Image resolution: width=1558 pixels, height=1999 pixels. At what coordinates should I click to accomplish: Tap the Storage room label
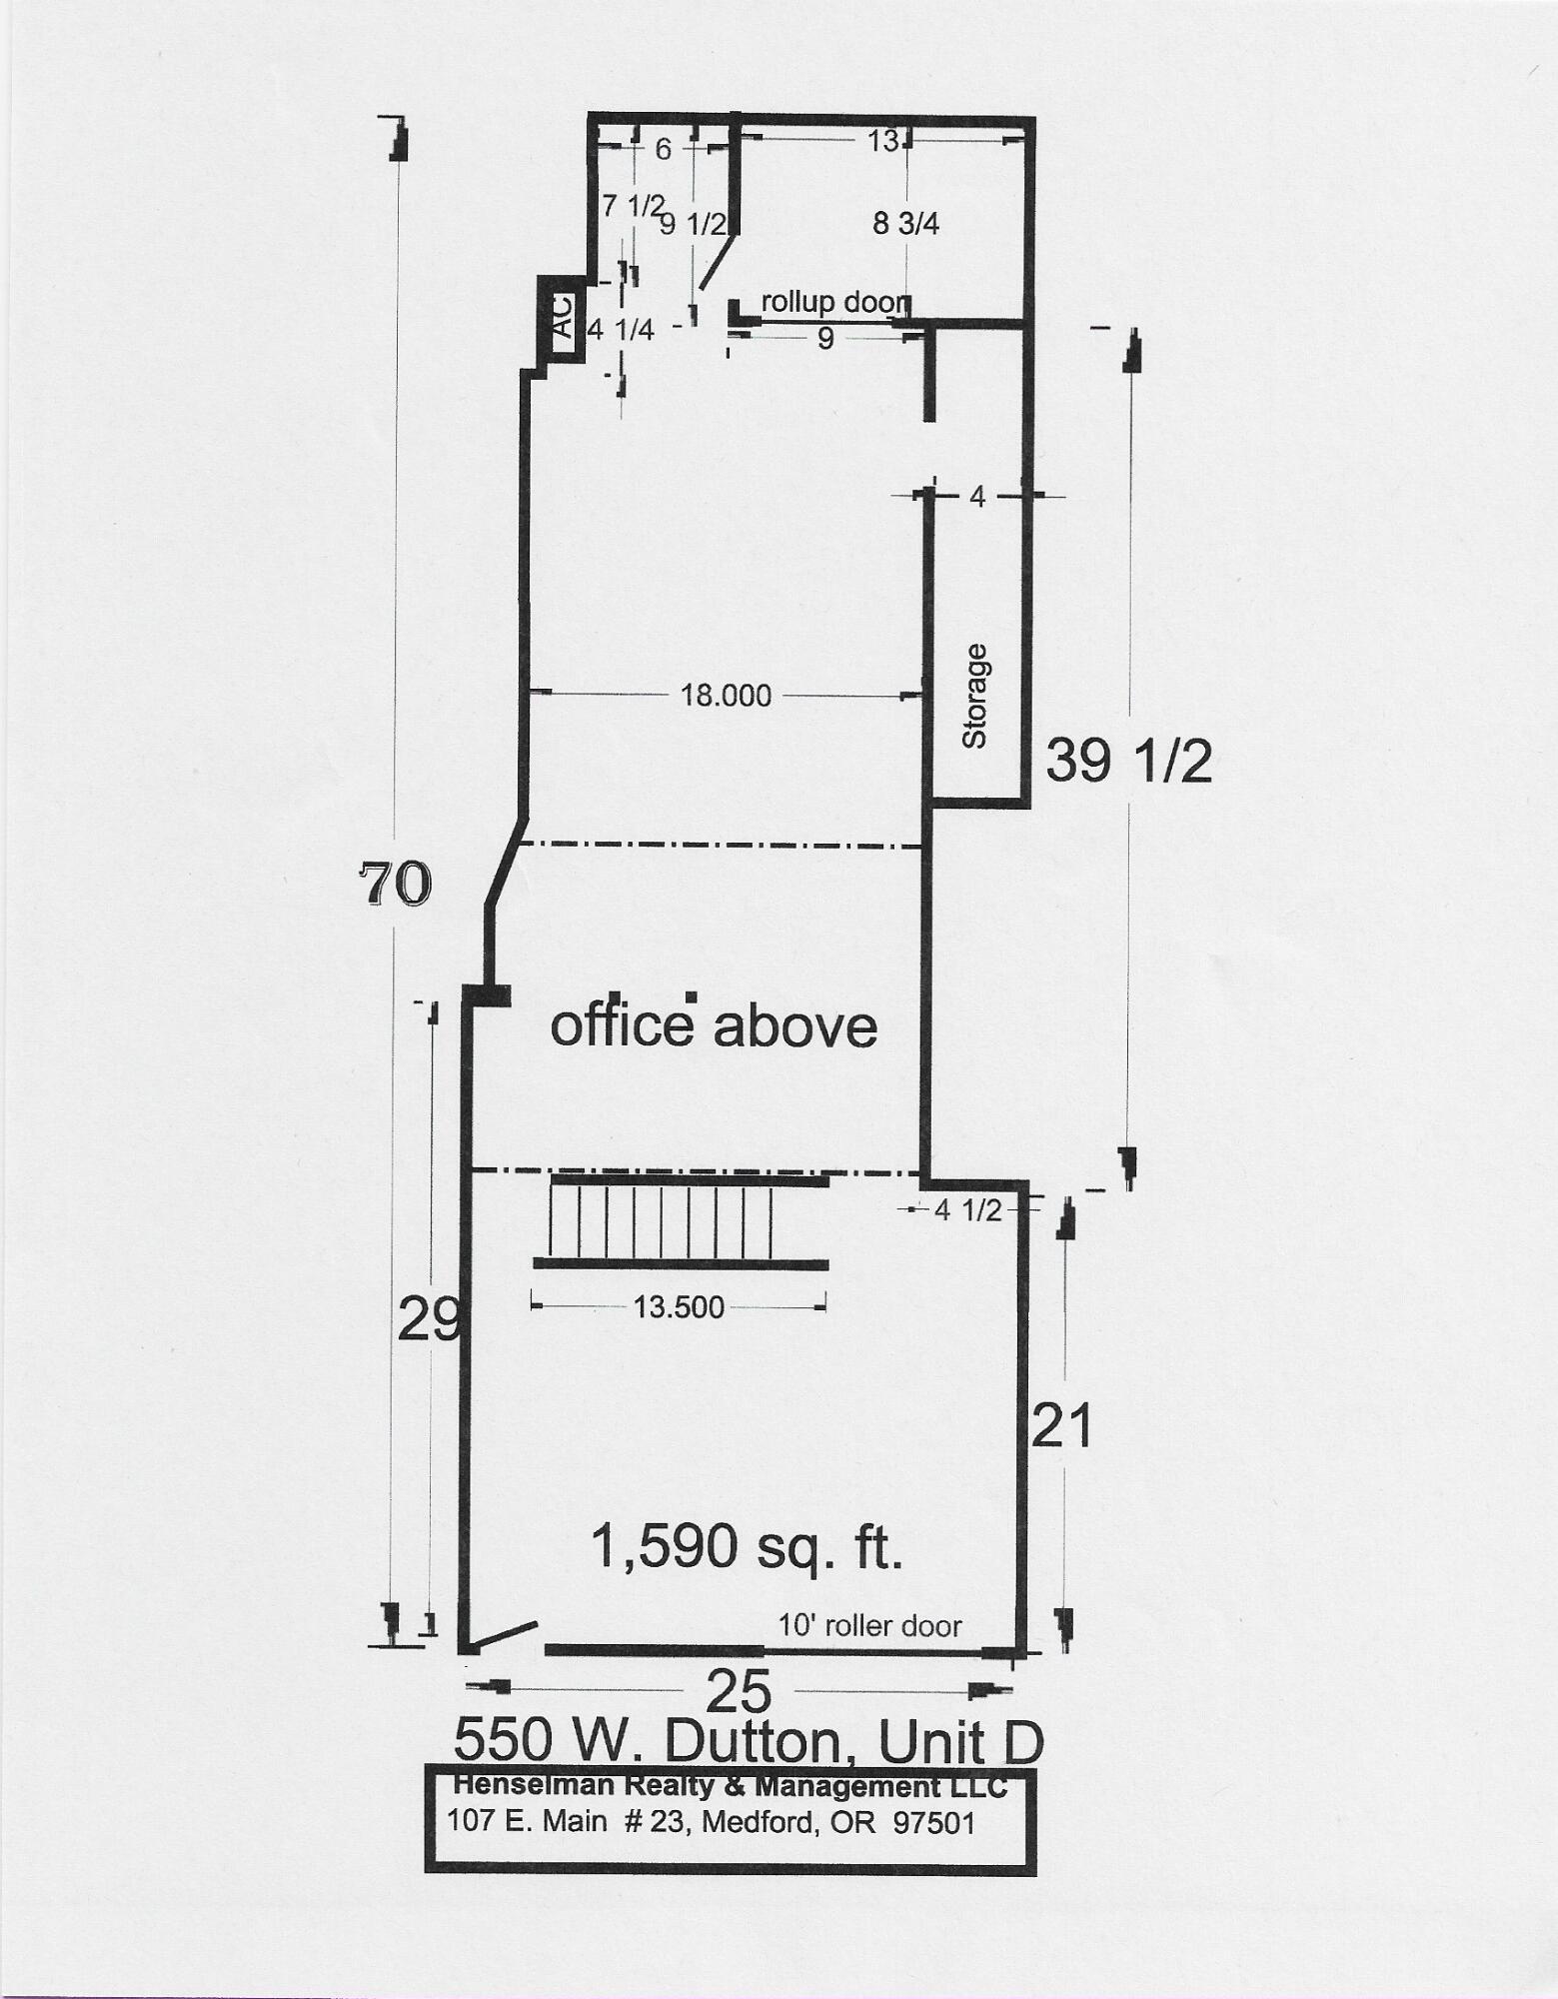coord(974,696)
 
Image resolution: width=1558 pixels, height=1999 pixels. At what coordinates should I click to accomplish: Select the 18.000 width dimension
coord(726,696)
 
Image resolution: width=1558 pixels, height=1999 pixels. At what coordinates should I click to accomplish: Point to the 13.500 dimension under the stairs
coord(679,1306)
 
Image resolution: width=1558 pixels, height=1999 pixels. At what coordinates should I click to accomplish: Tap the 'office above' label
coord(714,1025)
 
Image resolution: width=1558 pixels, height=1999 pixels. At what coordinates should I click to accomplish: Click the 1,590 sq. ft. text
coord(747,1546)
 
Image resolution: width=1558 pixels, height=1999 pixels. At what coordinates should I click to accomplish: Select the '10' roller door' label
coord(869,1625)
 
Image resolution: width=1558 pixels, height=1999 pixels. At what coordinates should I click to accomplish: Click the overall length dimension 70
coord(396,885)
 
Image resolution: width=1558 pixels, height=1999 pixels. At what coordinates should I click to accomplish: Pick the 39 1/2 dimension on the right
coord(1128,762)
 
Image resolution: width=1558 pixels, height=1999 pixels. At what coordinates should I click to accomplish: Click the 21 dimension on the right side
coord(1061,1426)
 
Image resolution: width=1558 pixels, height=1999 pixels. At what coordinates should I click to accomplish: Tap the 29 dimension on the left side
coord(428,1320)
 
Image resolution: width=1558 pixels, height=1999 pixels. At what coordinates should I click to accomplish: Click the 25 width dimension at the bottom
coord(740,1692)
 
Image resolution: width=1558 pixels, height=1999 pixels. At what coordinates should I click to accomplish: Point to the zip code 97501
coord(933,1822)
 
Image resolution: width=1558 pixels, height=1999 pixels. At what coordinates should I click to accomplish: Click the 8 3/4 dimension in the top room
coord(905,224)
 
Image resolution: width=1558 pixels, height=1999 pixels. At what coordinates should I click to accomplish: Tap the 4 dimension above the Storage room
coord(977,496)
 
